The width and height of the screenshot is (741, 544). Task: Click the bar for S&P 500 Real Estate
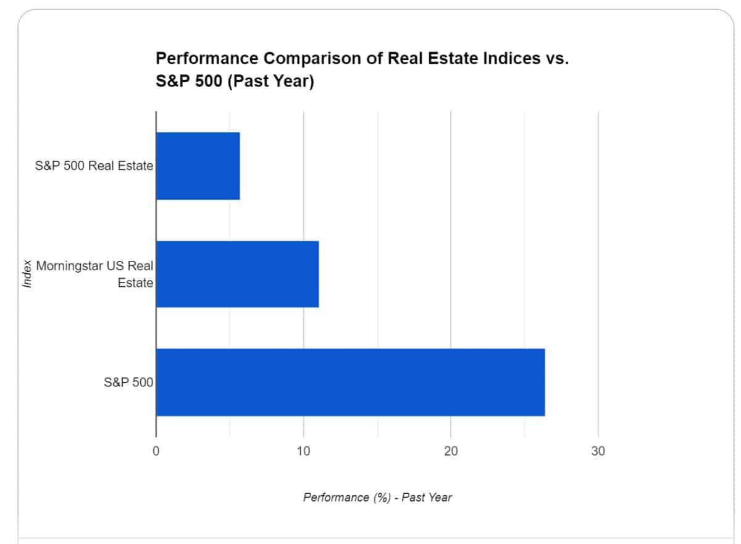pyautogui.click(x=198, y=166)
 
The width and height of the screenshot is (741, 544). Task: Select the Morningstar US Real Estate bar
pyautogui.click(x=237, y=274)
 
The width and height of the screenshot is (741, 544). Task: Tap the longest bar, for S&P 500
pyautogui.click(x=350, y=382)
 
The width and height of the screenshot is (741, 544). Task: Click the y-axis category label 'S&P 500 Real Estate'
pyautogui.click(x=94, y=166)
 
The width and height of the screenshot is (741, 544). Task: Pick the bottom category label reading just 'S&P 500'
pyautogui.click(x=128, y=382)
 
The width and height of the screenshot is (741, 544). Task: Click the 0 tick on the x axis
pyautogui.click(x=156, y=451)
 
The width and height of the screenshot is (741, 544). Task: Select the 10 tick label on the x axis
pyautogui.click(x=303, y=451)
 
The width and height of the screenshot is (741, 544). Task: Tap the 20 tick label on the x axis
pyautogui.click(x=451, y=451)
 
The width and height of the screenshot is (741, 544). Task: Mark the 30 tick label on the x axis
pyautogui.click(x=598, y=451)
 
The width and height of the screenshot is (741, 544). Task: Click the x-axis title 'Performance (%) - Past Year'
pyautogui.click(x=377, y=497)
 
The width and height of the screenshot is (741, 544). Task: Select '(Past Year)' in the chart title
pyautogui.click(x=271, y=81)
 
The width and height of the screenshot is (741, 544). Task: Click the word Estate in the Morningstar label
pyautogui.click(x=135, y=283)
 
